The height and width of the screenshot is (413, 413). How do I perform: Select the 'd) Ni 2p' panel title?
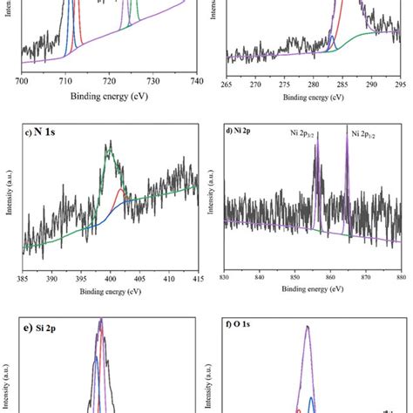pyautogui.click(x=240, y=132)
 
